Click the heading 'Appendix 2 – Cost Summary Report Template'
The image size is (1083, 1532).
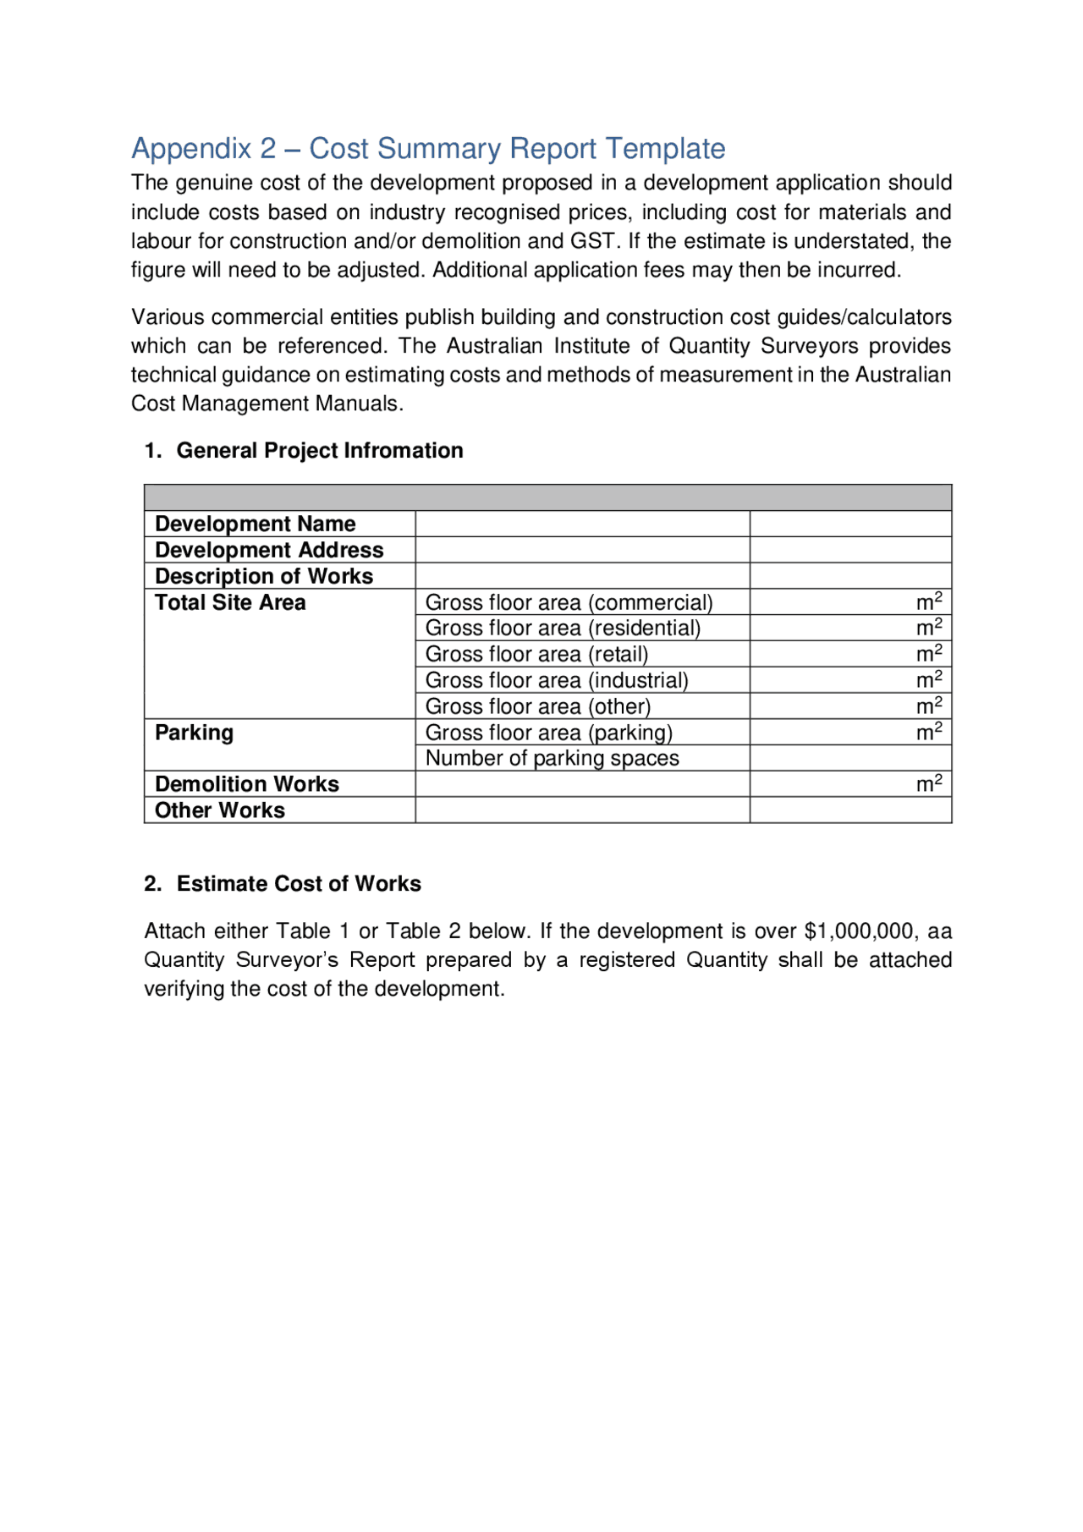click(428, 149)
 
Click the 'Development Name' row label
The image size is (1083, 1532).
click(255, 524)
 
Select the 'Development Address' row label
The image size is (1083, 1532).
click(269, 550)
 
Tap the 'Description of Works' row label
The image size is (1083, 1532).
click(263, 576)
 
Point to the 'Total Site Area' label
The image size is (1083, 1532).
click(230, 602)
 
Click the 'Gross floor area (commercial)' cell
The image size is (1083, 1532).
click(569, 602)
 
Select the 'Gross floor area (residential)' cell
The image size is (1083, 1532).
click(563, 628)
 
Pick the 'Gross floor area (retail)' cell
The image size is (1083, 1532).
click(536, 654)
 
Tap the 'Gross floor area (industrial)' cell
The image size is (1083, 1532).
click(557, 680)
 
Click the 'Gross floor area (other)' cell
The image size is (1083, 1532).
click(538, 706)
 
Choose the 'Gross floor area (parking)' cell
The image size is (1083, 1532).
click(549, 733)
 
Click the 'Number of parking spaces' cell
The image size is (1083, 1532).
click(552, 758)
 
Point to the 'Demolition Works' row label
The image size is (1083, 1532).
click(246, 784)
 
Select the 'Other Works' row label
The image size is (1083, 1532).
click(220, 810)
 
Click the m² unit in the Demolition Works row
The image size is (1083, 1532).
click(928, 783)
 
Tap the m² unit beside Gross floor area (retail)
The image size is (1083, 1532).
click(928, 653)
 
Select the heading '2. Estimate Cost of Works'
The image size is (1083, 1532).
click(283, 883)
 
